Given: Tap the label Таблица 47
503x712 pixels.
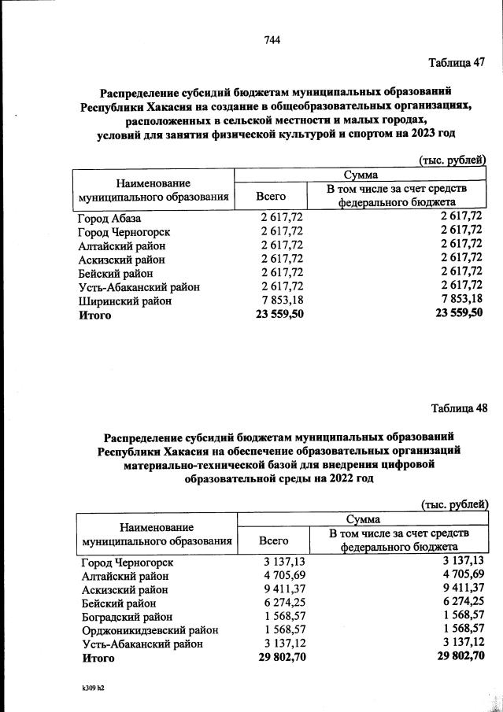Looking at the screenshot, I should (x=457, y=63).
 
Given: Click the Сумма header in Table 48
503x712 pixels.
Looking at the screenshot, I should (x=361, y=520).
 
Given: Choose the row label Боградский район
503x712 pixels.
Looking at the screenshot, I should (x=127, y=617).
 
